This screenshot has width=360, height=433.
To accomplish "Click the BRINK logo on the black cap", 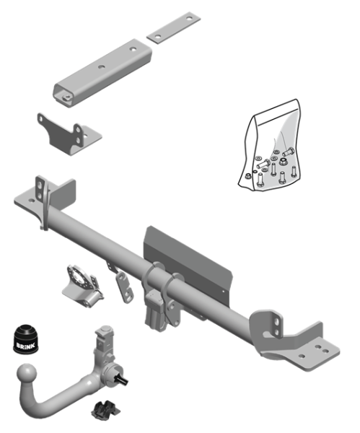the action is [x=26, y=346].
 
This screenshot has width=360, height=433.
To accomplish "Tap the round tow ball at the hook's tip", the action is [x=27, y=374].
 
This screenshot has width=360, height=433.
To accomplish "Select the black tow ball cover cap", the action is [x=26, y=339].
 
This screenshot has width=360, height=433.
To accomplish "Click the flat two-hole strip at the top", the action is [x=173, y=27].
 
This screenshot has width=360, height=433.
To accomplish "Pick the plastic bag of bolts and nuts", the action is [x=270, y=146].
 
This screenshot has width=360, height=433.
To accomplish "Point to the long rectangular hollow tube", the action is [x=102, y=73].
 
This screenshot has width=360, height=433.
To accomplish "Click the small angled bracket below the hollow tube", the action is [x=69, y=134].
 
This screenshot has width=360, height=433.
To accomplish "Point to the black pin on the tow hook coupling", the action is [x=122, y=379].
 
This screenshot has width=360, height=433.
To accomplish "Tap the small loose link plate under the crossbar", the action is [x=125, y=287].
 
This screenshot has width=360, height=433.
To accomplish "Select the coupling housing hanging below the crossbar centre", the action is [x=154, y=310].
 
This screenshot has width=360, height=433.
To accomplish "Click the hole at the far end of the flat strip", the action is [x=189, y=19].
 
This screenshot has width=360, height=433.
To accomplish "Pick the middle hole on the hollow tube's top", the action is [x=102, y=67].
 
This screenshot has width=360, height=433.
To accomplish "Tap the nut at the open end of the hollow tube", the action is [x=66, y=97].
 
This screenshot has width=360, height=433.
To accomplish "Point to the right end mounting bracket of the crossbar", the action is [x=294, y=340].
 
